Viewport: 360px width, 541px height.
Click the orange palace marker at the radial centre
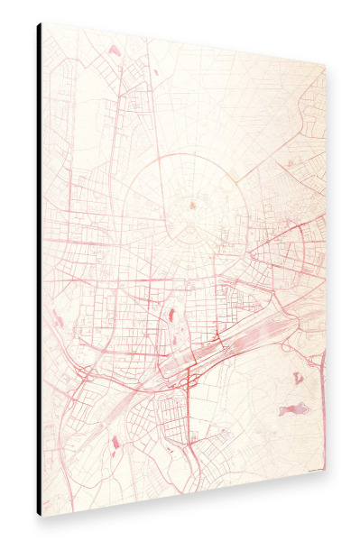193,207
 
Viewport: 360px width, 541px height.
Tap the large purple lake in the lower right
293,410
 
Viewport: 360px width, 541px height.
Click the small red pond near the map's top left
114,51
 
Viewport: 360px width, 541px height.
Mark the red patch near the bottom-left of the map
115,441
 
